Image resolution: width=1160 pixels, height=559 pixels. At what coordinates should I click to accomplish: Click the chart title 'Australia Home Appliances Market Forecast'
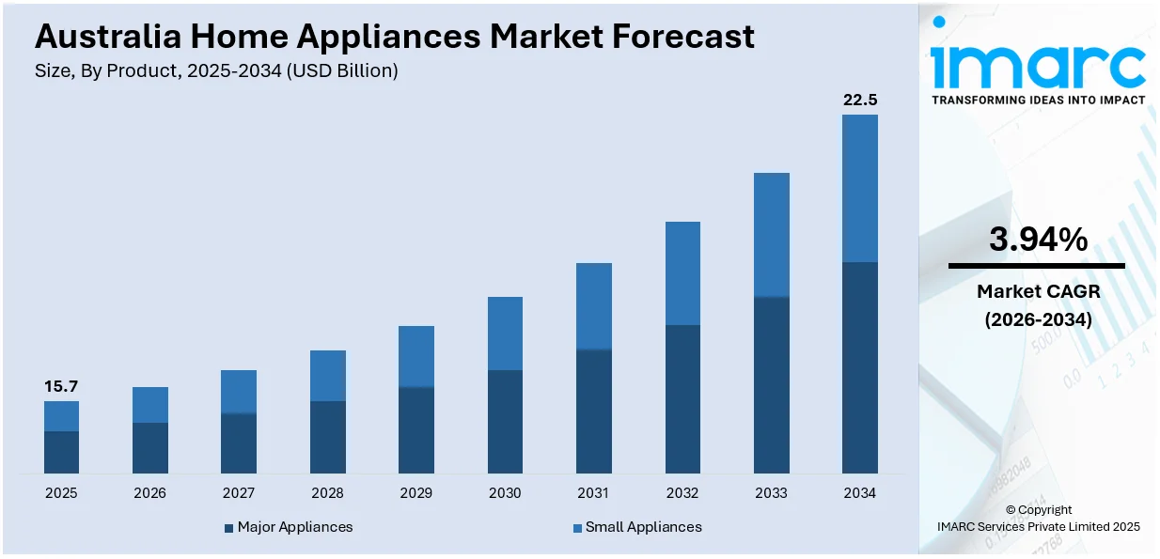[x=394, y=36]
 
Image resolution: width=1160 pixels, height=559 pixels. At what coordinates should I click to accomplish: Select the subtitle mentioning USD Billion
[x=216, y=71]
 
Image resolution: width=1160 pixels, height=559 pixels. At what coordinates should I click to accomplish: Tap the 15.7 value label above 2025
[x=61, y=387]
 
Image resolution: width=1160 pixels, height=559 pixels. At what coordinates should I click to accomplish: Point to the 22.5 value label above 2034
[x=859, y=101]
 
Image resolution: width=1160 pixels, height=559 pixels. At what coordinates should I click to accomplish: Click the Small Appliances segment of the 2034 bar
[x=859, y=188]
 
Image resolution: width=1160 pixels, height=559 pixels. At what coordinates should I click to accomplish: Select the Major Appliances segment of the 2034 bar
[x=859, y=366]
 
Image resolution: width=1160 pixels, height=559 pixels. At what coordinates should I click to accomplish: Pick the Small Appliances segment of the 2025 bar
[x=61, y=416]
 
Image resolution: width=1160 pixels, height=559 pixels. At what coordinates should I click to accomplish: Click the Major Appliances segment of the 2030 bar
[x=505, y=421]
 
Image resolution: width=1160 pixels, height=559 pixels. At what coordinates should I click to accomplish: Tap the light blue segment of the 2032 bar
[x=682, y=273]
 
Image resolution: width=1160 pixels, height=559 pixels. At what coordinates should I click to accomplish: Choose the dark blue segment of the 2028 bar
[x=327, y=437]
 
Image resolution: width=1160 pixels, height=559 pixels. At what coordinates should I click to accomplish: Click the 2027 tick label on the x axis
[x=239, y=493]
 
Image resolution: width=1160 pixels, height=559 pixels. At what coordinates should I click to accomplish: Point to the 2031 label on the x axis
[x=593, y=493]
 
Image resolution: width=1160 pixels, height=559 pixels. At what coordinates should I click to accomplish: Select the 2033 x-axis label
[x=771, y=493]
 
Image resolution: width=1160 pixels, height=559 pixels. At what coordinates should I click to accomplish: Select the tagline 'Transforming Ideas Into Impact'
[x=1038, y=100]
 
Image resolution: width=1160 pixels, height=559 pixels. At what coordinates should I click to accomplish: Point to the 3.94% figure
[x=1038, y=241]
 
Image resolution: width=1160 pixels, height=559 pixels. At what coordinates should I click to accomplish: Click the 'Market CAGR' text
[x=1038, y=291]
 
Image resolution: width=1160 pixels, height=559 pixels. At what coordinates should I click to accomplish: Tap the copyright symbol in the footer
[x=1011, y=510]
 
